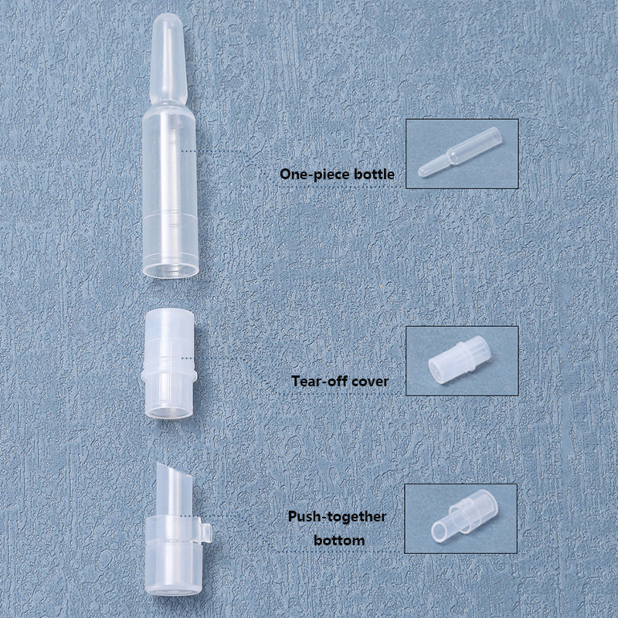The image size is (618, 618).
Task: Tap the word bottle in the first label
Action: [x=374, y=175]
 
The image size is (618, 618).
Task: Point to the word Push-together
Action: [x=337, y=517]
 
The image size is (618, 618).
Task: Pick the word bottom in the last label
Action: [x=339, y=540]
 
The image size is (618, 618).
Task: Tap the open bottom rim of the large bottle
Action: [x=171, y=270]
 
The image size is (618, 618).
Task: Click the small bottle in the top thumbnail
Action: [x=460, y=151]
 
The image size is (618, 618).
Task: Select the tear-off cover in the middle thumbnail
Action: [x=460, y=359]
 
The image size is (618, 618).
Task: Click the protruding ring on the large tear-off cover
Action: [x=168, y=375]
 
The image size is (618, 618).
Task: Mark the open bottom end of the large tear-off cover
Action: [x=168, y=413]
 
